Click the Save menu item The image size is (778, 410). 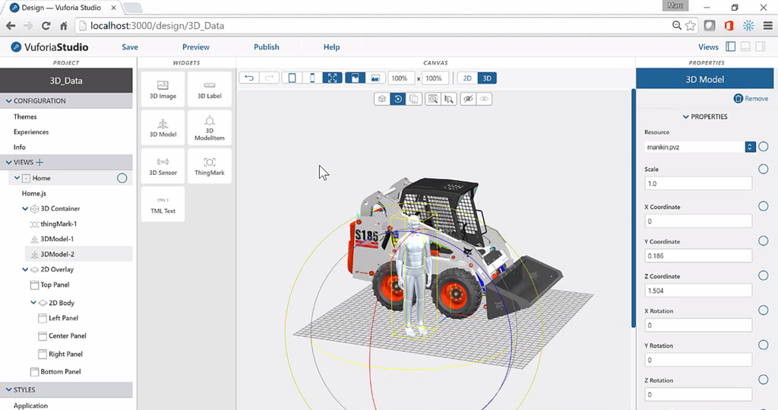tap(130, 47)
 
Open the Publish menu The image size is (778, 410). tap(266, 47)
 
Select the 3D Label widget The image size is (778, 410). tap(209, 90)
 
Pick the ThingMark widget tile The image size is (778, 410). tap(209, 166)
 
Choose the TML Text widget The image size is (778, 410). tap(163, 205)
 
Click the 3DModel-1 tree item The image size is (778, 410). tap(57, 239)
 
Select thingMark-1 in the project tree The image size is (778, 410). tap(59, 224)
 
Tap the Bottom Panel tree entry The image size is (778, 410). tap(60, 372)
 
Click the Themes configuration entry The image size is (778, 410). tap(25, 116)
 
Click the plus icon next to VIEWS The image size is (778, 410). tap(40, 162)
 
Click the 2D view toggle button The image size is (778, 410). tap(467, 78)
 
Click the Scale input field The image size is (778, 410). tap(697, 183)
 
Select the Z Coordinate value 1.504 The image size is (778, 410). tap(697, 291)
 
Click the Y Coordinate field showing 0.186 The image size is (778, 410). tap(697, 256)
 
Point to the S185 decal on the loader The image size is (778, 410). tap(367, 237)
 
